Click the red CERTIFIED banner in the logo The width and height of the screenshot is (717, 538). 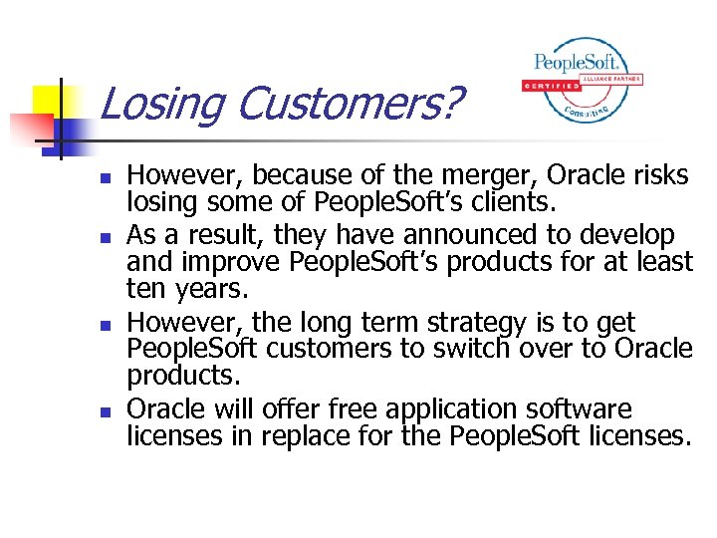click(550, 86)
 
